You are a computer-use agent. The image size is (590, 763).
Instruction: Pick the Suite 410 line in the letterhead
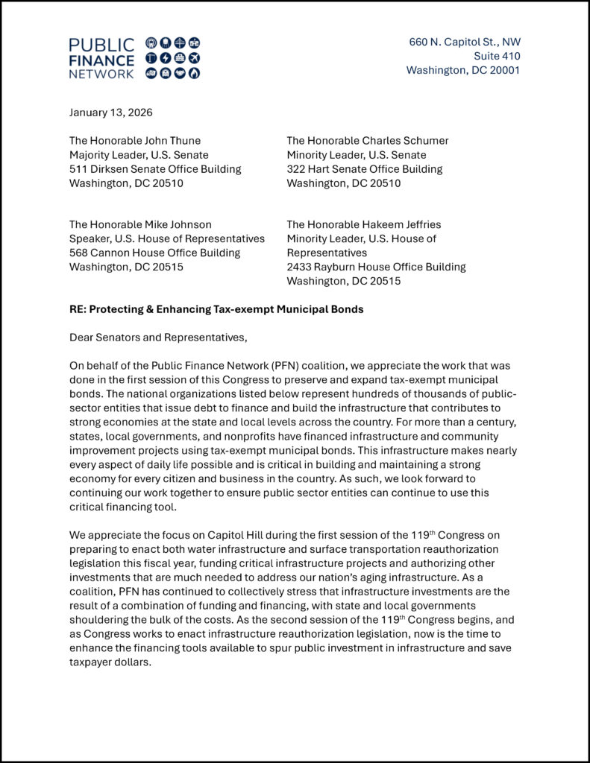tap(497, 56)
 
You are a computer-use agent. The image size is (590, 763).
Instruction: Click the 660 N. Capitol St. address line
tap(464, 42)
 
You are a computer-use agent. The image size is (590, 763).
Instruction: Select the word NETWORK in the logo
tap(101, 74)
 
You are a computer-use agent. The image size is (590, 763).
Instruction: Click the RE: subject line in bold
tap(216, 308)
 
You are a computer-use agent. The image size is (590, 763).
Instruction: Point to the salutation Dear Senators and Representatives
tap(157, 337)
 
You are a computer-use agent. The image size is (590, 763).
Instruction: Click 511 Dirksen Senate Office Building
tap(155, 168)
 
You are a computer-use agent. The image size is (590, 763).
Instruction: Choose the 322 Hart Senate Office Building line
tap(364, 168)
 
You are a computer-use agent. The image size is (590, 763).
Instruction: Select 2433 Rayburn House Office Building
tap(376, 267)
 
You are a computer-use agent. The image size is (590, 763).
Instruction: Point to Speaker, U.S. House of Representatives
tap(167, 238)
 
